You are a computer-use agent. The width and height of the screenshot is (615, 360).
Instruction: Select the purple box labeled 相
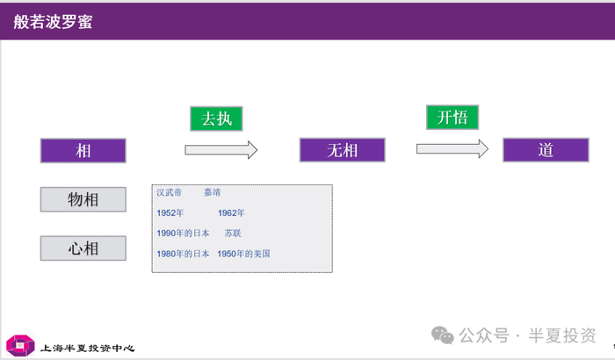click(x=83, y=150)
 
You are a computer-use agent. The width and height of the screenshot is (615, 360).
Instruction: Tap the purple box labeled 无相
click(x=342, y=150)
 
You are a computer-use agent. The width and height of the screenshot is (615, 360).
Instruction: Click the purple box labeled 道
click(x=545, y=150)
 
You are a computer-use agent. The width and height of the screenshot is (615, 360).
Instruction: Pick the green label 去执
click(x=216, y=119)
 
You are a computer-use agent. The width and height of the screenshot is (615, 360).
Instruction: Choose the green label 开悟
click(x=452, y=118)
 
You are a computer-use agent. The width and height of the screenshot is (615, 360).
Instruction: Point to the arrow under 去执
click(x=221, y=150)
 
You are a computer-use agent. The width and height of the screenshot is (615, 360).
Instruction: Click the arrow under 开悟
click(x=452, y=150)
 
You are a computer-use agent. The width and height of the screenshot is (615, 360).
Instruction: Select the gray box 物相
click(x=83, y=200)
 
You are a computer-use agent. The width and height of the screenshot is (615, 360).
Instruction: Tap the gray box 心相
click(x=83, y=248)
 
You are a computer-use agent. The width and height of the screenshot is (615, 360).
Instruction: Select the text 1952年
click(x=170, y=212)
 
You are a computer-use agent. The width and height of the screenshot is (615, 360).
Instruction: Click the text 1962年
click(x=231, y=212)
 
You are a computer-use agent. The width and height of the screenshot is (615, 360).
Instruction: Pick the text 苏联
click(x=232, y=234)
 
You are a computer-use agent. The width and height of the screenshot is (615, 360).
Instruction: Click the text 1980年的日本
click(x=183, y=254)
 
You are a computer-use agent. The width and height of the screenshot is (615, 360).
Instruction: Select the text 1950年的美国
click(x=243, y=254)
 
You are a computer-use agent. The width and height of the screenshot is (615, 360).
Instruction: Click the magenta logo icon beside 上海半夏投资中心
click(x=19, y=345)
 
